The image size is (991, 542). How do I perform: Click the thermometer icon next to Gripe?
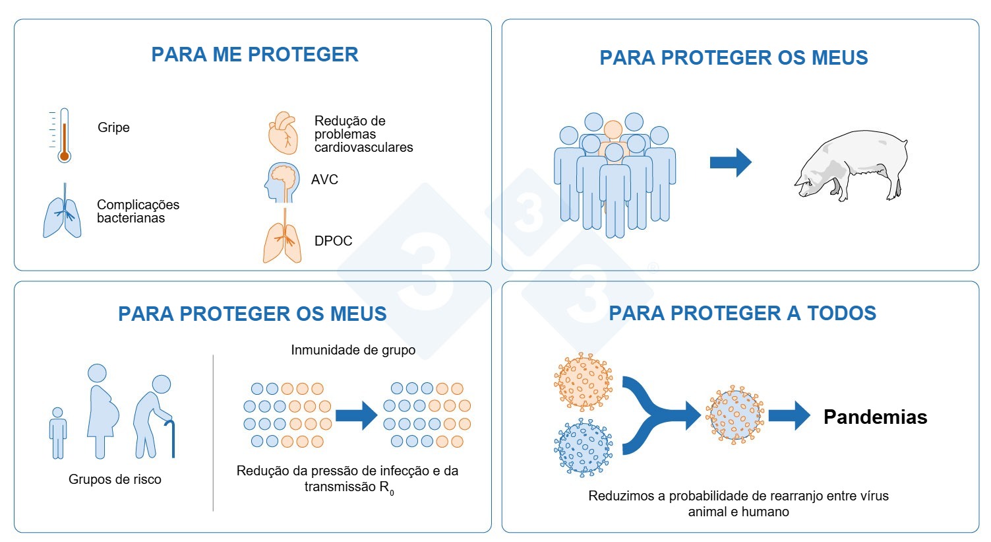pos(63,136)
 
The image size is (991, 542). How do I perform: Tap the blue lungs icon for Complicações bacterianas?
pos(63,213)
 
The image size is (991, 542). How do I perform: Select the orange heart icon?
pos(283,133)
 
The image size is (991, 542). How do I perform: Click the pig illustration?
pos(851,165)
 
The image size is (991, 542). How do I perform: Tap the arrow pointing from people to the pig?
pos(730,162)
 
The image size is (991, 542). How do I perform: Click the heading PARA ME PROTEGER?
pos(255,54)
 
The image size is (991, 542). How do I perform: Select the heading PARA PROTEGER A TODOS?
pos(742,313)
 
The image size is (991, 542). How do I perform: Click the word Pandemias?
pos(875,417)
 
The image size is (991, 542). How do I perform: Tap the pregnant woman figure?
pos(102,409)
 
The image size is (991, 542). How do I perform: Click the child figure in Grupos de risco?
pos(58,432)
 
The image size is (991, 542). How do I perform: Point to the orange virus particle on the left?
pos(583,382)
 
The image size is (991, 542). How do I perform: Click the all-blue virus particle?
pos(583,448)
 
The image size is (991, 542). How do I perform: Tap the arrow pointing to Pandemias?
pos(789,416)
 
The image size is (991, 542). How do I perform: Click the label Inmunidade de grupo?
pos(353,350)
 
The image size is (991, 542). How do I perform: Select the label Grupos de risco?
pos(115,479)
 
